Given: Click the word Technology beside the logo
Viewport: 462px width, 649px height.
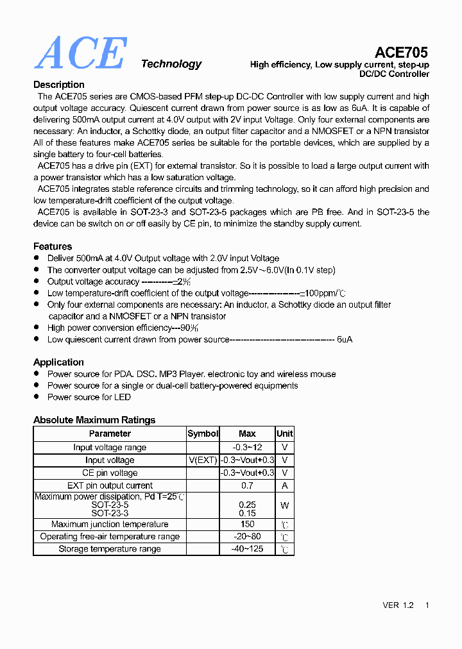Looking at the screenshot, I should point(171,63).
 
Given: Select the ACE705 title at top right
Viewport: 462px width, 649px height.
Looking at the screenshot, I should point(401,52).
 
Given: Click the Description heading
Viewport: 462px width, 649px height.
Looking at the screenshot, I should point(58,85).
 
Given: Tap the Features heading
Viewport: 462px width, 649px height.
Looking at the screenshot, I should point(53,246).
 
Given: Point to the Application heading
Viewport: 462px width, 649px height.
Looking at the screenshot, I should point(58,362).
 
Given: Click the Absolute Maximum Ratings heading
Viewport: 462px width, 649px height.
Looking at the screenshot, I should point(94,420).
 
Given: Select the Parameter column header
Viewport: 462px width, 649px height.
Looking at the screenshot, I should point(110,434).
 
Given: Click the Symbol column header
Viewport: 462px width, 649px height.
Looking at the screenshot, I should point(203,434).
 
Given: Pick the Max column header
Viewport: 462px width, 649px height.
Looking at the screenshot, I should point(247,434).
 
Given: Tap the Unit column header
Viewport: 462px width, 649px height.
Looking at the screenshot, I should point(284,434).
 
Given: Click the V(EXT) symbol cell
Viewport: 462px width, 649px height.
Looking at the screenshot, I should point(203,460).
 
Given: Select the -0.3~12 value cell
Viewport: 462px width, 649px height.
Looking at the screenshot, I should point(247,447).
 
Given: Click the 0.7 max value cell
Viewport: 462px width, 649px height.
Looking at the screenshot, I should point(247,485).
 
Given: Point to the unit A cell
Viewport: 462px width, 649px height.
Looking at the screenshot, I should point(284,485).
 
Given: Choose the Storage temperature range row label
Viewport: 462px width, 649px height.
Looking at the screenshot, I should point(110,549).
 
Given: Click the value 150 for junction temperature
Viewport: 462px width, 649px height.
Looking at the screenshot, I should point(247,524).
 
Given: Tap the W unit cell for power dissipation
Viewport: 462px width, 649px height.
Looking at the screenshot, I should point(284,505).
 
